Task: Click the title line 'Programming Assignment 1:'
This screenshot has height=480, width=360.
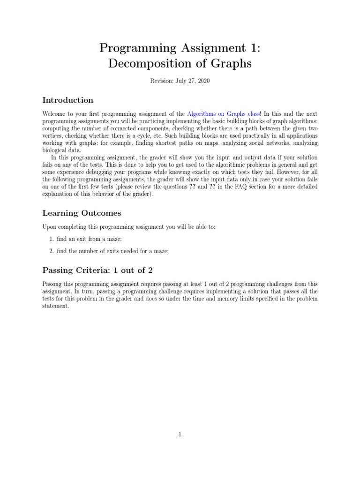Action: click(x=180, y=47)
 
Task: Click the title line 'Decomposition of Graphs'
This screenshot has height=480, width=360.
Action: click(x=180, y=63)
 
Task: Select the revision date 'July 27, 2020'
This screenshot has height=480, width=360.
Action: click(x=192, y=81)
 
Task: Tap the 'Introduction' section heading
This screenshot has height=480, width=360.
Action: click(x=67, y=100)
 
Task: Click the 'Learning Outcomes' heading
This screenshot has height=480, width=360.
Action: click(x=82, y=213)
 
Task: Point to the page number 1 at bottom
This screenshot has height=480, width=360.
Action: click(x=180, y=435)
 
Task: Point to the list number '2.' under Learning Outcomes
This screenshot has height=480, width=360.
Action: click(x=52, y=251)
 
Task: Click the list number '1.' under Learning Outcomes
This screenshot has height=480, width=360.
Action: click(x=52, y=239)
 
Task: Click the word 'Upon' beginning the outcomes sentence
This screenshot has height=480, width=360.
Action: click(x=49, y=227)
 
